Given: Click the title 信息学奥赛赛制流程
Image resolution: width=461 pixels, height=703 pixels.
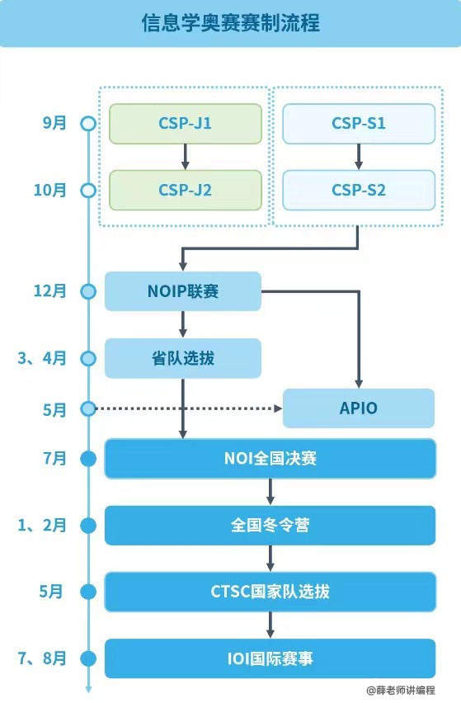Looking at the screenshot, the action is point(230,22).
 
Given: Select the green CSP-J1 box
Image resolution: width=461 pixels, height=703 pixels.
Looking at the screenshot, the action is point(186,124).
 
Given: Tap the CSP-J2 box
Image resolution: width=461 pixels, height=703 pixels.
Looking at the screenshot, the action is point(186,190).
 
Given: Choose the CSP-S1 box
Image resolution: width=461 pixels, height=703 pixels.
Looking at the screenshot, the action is point(359,124).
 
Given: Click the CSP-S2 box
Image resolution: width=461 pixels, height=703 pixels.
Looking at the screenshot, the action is point(359,190).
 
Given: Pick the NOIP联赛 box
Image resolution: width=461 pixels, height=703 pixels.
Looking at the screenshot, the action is point(183,291).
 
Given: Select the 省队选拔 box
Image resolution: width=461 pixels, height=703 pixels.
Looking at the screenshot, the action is point(183,358).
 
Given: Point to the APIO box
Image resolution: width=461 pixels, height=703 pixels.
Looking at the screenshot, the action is point(359,408).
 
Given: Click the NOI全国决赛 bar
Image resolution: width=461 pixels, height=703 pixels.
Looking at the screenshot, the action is point(270,458).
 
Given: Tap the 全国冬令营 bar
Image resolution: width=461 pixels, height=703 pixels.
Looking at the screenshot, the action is point(270,525).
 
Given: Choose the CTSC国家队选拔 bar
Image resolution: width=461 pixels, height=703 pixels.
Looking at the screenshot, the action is point(270,592).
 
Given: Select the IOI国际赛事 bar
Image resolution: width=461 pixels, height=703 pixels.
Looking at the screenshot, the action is point(270,658).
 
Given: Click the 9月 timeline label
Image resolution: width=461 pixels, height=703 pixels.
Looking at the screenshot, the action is point(54,123).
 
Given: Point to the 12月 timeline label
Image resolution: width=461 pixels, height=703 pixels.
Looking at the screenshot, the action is point(50,291).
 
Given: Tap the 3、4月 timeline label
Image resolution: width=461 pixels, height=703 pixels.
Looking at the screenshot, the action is point(42,358).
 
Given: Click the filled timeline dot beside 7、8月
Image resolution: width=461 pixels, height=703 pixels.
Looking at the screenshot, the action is point(88,658).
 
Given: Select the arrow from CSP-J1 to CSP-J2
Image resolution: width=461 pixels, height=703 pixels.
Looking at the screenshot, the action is point(185,157).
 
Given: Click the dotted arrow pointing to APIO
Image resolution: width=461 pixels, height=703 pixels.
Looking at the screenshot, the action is point(189,408).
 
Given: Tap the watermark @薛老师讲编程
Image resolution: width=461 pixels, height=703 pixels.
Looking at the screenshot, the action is point(401,690).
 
